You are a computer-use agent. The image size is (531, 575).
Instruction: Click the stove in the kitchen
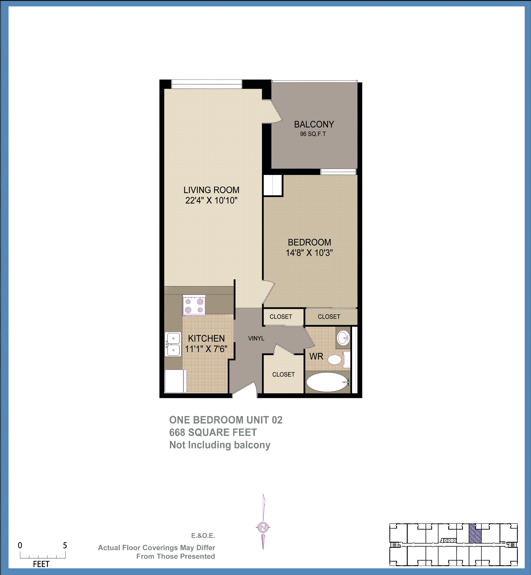click(194, 305)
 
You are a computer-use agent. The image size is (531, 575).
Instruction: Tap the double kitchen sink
click(173, 344)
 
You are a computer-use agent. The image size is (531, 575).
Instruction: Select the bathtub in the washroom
click(327, 382)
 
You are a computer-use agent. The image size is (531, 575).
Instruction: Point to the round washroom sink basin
click(343, 338)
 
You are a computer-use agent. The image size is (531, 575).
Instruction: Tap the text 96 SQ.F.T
click(313, 134)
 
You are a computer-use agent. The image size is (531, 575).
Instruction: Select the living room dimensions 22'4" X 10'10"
click(211, 200)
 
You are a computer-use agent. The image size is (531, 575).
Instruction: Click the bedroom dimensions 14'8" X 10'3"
click(309, 253)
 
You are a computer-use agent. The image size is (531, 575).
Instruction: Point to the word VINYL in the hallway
click(256, 338)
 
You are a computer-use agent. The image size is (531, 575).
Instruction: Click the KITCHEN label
click(206, 338)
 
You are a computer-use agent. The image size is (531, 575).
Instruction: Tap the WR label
click(316, 357)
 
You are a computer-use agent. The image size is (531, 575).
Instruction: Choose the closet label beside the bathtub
click(283, 374)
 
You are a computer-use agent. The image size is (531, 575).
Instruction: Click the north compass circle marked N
click(263, 527)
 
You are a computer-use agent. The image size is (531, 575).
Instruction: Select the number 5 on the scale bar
click(65, 545)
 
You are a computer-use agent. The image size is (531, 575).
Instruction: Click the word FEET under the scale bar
click(41, 564)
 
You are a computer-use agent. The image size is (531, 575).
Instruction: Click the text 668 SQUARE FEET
click(213, 433)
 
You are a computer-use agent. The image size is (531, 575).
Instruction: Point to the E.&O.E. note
click(203, 536)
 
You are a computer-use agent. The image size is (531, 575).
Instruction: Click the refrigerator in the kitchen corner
click(175, 381)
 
